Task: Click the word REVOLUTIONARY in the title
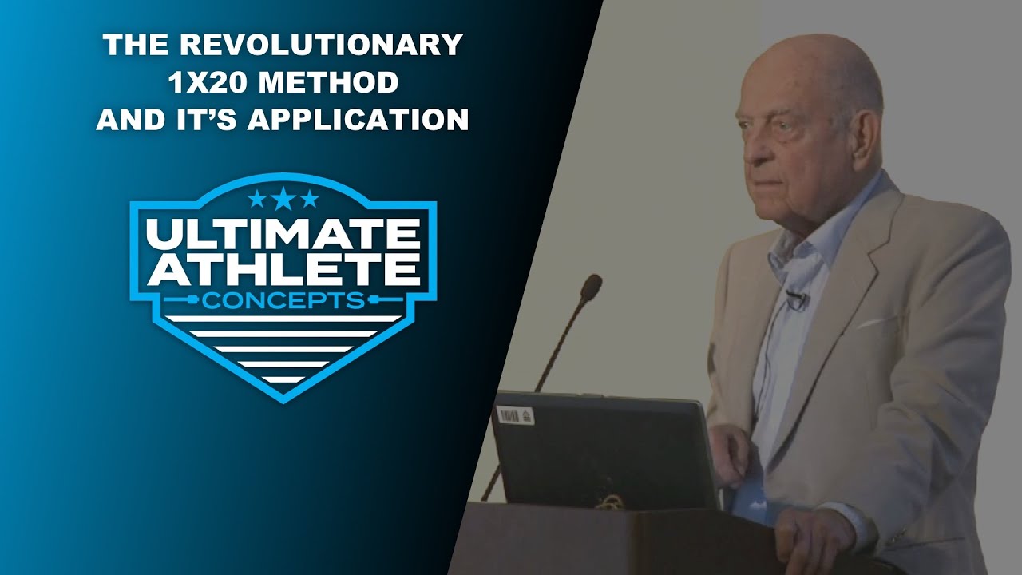click(321, 45)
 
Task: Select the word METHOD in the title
click(331, 82)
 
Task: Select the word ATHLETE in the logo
click(283, 270)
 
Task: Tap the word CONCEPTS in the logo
click(283, 301)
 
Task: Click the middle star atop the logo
click(283, 198)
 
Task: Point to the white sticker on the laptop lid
click(515, 415)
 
